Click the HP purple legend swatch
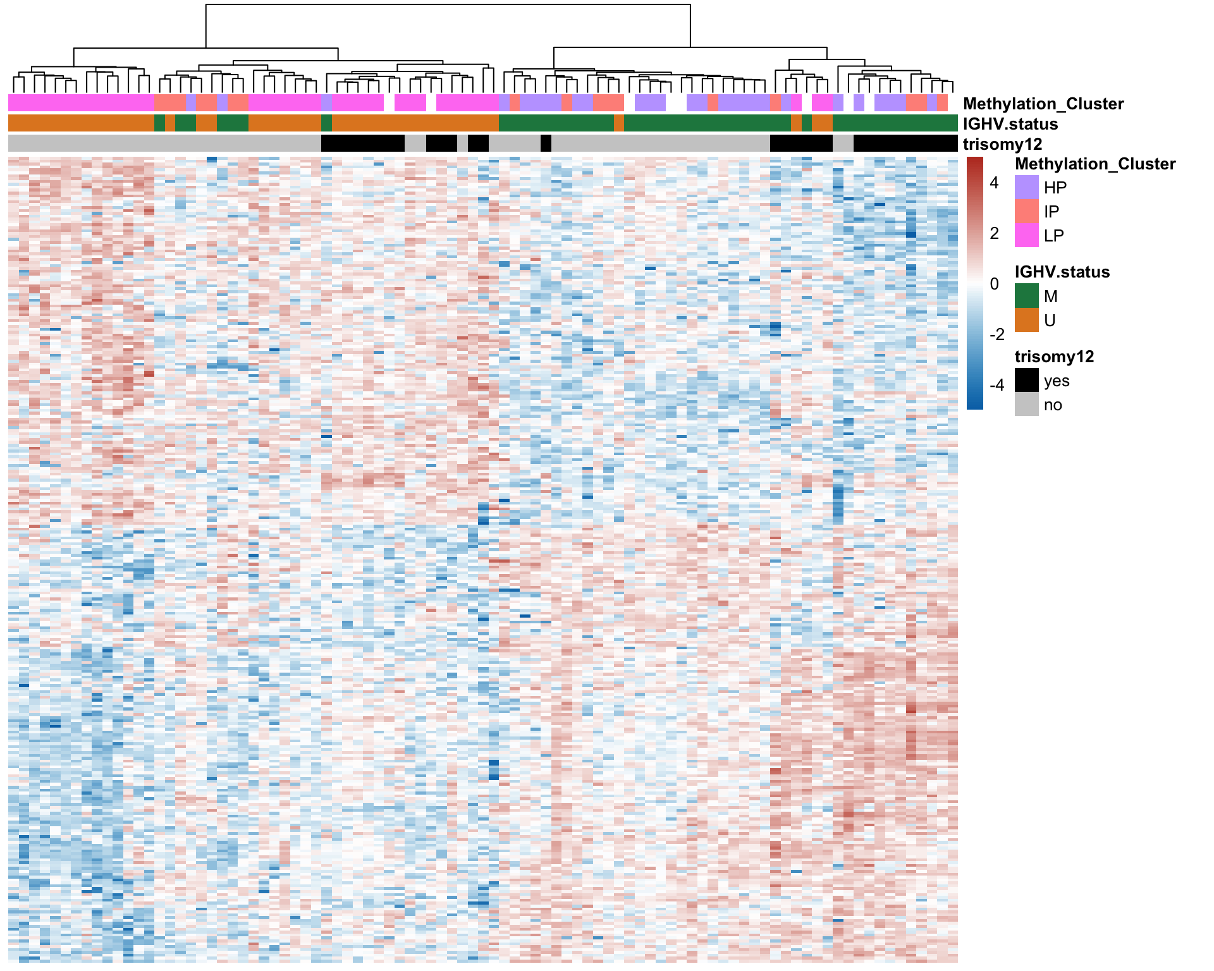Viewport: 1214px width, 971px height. tap(1026, 187)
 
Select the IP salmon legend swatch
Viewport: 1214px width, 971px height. tap(1026, 211)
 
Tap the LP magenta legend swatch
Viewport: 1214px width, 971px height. tap(1026, 235)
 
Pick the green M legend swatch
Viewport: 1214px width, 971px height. tap(1026, 296)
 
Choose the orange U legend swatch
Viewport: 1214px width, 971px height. tap(1026, 320)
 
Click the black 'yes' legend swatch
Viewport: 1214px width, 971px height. tap(1026, 381)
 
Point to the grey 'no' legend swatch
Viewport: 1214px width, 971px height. tap(1026, 405)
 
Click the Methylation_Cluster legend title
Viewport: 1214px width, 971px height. tap(1095, 164)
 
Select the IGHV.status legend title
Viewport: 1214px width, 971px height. tap(1062, 272)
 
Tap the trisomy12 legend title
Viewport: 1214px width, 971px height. tap(1054, 357)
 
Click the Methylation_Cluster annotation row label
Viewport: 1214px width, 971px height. tap(1043, 104)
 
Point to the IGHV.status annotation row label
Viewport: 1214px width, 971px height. tap(1010, 124)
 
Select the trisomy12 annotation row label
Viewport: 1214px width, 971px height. tap(1002, 144)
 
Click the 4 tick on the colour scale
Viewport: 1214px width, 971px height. tap(995, 183)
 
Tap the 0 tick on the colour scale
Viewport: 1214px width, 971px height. tap(995, 284)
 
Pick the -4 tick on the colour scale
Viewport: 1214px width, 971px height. tap(996, 385)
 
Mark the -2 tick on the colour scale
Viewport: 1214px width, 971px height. tap(996, 334)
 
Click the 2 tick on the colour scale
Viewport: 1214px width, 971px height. tap(995, 233)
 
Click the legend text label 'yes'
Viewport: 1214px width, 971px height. tap(1057, 381)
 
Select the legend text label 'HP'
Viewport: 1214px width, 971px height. tap(1055, 187)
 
